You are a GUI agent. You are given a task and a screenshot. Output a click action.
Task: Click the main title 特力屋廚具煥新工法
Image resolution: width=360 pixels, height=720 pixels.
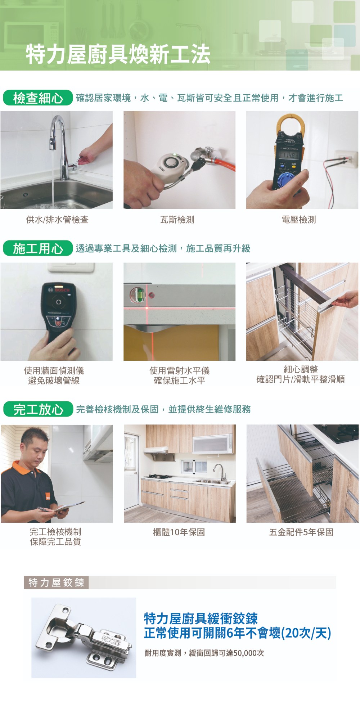pos(118,54)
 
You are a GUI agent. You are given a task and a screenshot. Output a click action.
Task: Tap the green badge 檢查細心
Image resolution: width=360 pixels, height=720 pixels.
pos(38,98)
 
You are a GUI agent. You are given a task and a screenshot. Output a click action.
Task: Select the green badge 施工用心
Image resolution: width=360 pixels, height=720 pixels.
pos(38,248)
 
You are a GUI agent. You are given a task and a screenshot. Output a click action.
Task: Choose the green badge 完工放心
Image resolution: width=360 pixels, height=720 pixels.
pos(38,409)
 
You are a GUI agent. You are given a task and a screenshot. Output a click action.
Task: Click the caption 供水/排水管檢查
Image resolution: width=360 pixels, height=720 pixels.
pos(57,220)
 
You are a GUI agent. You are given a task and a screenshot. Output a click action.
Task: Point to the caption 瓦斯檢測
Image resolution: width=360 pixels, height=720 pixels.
pos(177,220)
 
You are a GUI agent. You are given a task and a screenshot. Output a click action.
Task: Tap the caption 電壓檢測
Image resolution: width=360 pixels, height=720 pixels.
pos(299,220)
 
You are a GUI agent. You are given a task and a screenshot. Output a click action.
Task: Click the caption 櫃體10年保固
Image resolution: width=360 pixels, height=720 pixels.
pos(179,532)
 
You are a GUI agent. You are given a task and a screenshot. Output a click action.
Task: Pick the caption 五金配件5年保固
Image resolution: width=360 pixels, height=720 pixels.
pos(301,532)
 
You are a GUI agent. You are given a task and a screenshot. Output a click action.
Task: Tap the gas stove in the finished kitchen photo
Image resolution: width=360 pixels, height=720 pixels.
pos(159,476)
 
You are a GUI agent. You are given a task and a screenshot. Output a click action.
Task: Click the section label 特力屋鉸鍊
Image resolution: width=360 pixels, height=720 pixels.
pos(56,582)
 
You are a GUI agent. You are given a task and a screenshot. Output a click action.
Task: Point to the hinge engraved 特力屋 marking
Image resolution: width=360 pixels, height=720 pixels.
pos(111,639)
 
